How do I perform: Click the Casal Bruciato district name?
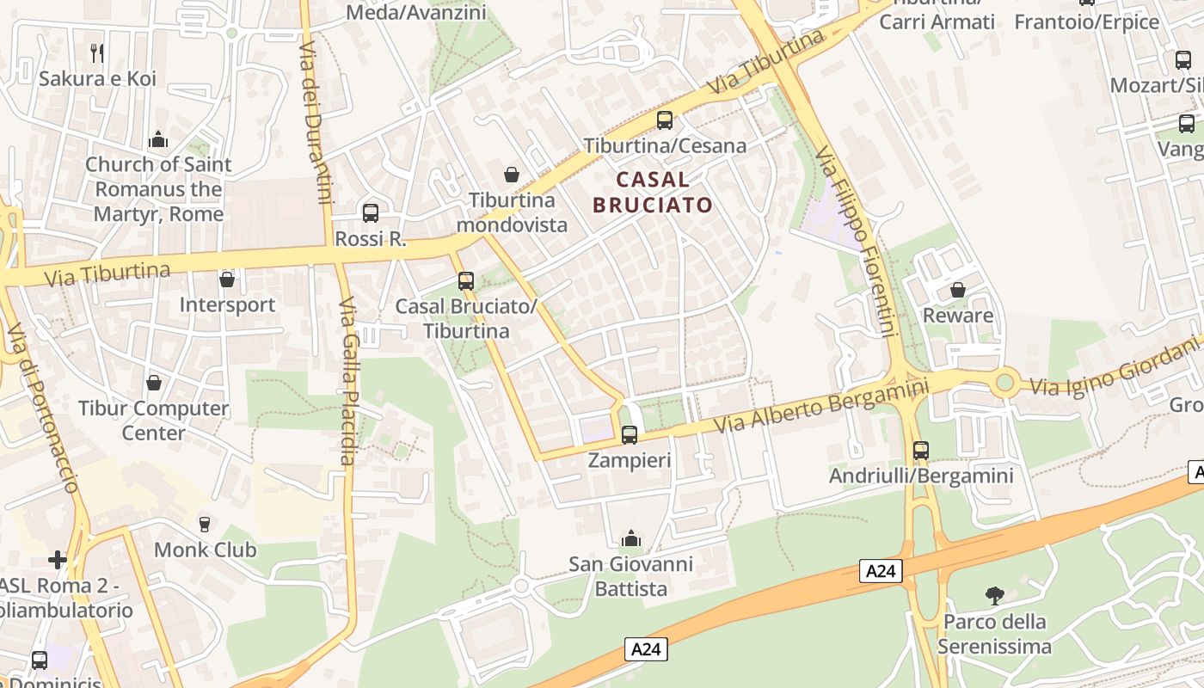coord(653,192)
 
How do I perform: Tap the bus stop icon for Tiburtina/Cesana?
coord(664,120)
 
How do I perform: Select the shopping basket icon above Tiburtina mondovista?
coord(512,175)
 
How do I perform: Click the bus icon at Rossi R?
coord(371,212)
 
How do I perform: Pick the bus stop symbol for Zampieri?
coord(630,435)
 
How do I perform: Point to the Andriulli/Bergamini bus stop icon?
coord(921,450)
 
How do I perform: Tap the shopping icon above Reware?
coord(958,290)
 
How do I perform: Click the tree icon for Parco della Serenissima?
coord(994,595)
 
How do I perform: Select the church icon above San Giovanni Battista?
coord(631,538)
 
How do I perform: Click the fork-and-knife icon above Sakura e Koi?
coord(97,52)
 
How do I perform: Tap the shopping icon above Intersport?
coord(227,279)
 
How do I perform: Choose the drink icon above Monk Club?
coord(205,524)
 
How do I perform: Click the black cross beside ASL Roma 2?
coord(58,560)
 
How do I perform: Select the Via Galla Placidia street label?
coord(347,381)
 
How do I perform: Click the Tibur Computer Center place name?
coord(154,420)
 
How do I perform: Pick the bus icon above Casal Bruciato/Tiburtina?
coord(466,281)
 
